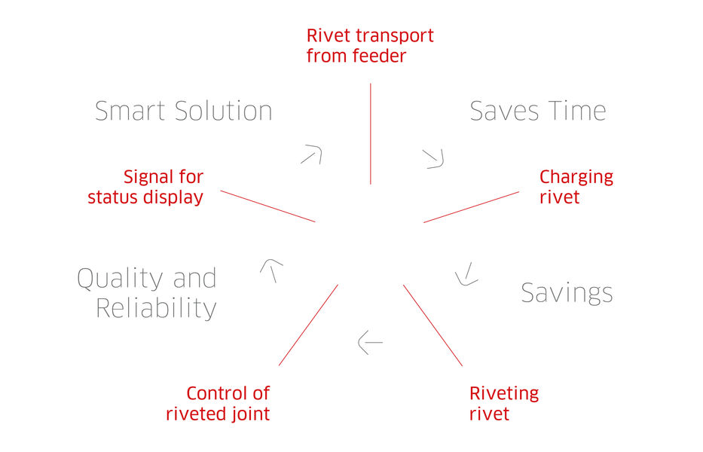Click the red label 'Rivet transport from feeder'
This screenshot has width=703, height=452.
370,46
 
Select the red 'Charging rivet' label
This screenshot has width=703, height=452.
576,187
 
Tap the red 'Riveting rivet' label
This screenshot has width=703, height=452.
504,403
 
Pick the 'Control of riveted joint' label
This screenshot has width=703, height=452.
218,403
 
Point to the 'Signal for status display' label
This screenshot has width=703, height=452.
145,187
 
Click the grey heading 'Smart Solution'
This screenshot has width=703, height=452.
183,111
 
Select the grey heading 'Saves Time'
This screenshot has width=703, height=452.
537,111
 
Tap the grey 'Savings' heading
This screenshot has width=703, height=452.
567,294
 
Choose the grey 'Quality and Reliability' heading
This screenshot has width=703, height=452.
147,293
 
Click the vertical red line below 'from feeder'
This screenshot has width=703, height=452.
370,133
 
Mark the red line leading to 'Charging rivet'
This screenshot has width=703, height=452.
471,207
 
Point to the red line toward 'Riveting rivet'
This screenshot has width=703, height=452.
432,325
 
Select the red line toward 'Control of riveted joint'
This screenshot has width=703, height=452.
308,325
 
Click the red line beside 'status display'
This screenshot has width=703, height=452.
267,206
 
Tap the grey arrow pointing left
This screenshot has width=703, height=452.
370,343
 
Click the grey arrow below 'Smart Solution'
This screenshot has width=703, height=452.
312,154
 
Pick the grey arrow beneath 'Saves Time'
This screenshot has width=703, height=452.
433,159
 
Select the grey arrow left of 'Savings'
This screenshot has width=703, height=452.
466,275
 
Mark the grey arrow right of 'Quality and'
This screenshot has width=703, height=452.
272,270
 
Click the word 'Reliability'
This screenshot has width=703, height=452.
156,309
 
